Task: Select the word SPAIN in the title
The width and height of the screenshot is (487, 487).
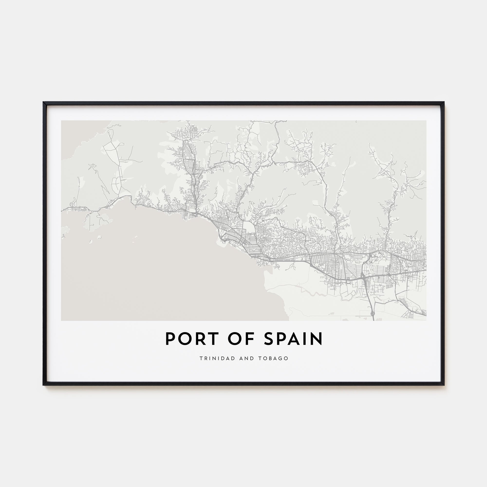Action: (x=293, y=339)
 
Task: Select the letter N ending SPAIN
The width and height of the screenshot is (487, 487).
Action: (x=317, y=339)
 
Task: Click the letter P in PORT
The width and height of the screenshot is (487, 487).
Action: (x=170, y=339)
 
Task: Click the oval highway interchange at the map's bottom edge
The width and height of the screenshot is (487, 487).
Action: (x=373, y=313)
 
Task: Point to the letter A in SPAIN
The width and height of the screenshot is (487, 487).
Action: (x=293, y=339)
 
